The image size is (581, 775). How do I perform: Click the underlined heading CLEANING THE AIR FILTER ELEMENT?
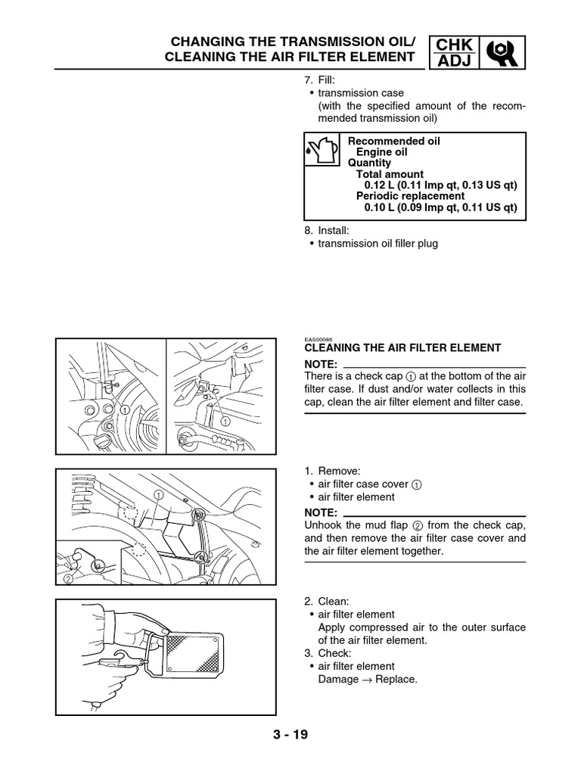402,348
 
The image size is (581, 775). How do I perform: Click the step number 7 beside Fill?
307,79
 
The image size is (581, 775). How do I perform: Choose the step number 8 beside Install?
307,229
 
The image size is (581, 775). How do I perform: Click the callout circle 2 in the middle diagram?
69,580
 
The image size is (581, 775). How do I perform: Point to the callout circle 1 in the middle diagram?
159,494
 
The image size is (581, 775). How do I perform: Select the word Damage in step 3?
338,680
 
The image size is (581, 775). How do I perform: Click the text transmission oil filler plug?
377,244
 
